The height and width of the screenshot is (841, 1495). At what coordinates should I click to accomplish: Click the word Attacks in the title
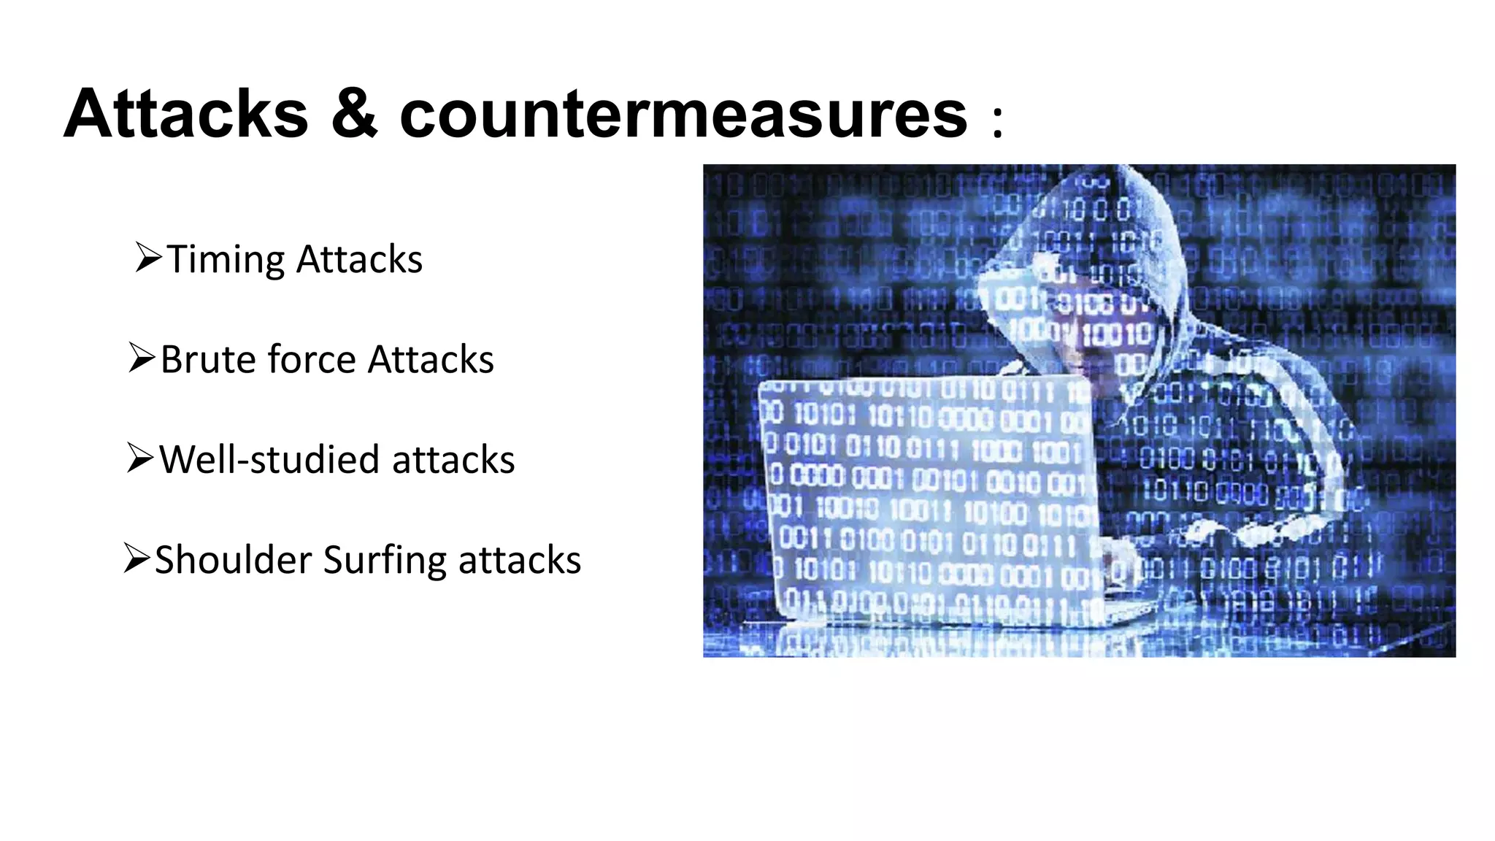tap(186, 114)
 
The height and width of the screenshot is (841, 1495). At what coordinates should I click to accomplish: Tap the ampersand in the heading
tap(355, 114)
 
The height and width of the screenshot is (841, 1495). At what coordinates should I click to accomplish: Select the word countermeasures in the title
tap(683, 115)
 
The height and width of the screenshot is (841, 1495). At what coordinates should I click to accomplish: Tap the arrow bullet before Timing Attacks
tap(148, 258)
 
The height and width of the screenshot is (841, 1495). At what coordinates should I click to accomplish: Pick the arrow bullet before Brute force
tap(142, 358)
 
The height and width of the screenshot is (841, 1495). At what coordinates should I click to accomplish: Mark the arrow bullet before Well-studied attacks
tap(140, 458)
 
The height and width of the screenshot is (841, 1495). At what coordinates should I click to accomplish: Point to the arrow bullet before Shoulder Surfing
tap(137, 558)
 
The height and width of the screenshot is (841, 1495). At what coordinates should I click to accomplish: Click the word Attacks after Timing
tap(359, 260)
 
